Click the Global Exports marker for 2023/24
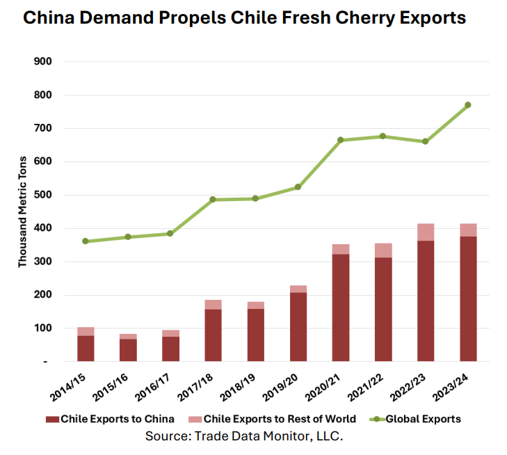468,105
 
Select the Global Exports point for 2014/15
86,241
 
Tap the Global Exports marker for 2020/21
341,141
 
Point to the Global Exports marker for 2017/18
213,200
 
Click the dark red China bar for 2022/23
426,301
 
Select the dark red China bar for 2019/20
298,326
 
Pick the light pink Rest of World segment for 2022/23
426,232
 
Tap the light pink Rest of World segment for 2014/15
86,331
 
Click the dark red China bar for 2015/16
128,350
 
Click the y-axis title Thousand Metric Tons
23,212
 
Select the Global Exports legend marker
376,419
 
